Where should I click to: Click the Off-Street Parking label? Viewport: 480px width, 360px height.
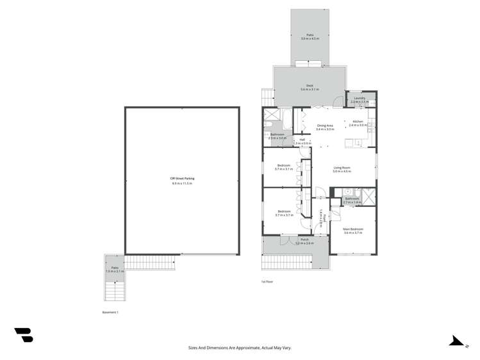point(182,179)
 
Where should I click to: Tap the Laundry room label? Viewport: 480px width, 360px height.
point(360,98)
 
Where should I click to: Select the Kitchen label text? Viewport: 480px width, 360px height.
point(358,121)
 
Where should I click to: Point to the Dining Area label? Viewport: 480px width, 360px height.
point(325,126)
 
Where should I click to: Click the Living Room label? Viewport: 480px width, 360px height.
point(342,168)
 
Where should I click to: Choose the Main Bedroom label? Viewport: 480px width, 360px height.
point(352,229)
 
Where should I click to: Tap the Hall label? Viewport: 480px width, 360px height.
point(302,139)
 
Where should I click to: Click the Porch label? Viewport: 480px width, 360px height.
point(304,240)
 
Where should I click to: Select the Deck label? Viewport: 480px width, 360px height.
point(310,85)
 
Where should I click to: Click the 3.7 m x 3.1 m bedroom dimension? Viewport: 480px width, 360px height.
point(283,169)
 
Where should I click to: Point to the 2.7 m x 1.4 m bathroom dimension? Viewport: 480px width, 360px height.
point(352,202)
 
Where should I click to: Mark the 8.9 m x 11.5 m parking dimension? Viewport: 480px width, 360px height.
point(182,183)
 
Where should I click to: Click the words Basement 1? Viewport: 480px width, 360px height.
point(110,312)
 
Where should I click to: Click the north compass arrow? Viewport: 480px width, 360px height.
point(457,341)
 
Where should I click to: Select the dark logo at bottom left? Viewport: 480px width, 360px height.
point(24,334)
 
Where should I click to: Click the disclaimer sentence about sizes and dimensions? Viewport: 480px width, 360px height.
point(240,348)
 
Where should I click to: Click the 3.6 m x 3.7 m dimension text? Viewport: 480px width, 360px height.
point(352,233)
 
